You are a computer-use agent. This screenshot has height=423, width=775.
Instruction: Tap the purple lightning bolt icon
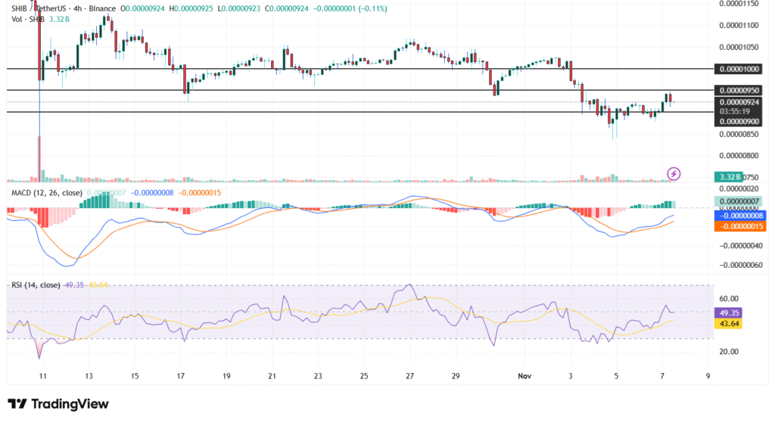[x=674, y=174]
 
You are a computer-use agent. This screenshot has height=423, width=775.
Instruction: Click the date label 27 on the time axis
[x=409, y=375]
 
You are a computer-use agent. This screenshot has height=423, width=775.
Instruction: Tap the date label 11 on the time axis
[x=43, y=375]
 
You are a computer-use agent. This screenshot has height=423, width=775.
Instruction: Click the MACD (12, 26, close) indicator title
[x=46, y=193]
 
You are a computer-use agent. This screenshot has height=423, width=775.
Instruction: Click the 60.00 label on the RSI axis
[x=727, y=298]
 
